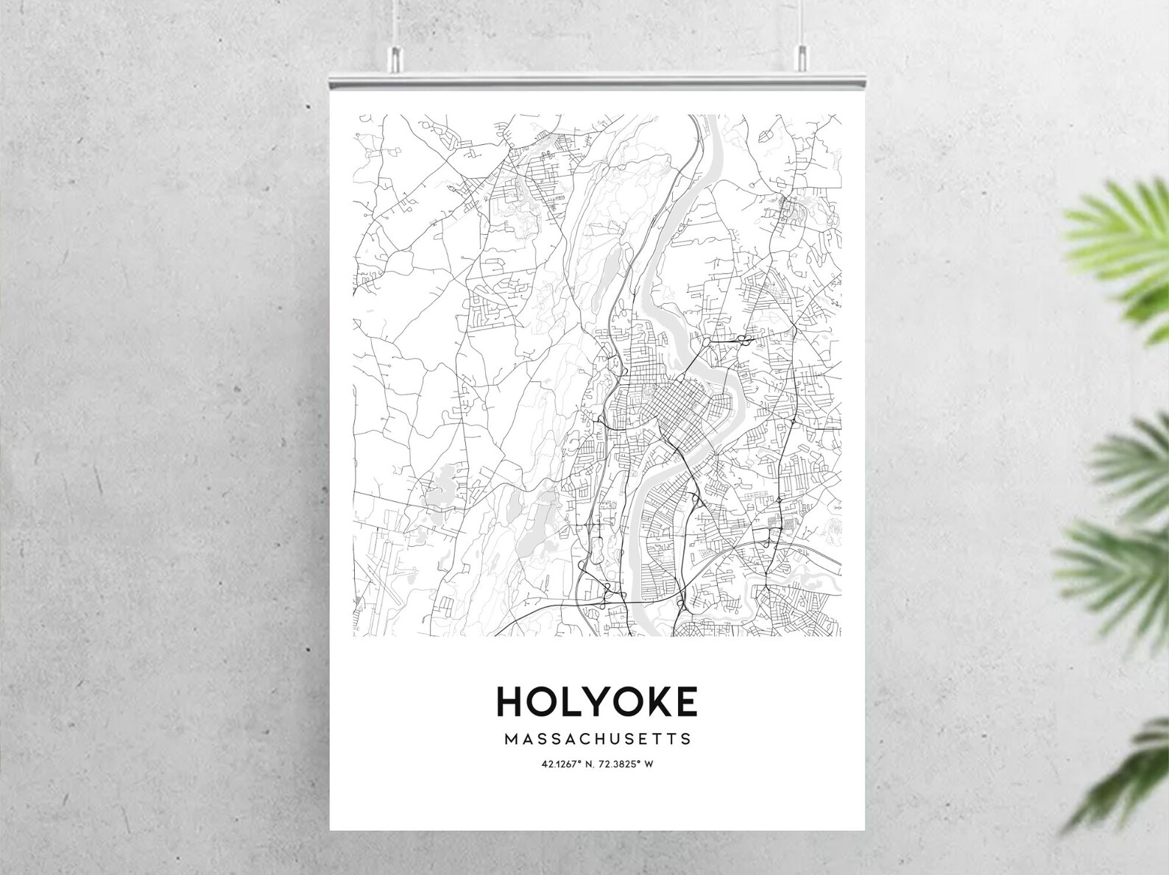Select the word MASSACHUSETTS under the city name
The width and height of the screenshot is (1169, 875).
pos(598,738)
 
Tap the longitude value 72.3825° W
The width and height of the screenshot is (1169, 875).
pos(626,764)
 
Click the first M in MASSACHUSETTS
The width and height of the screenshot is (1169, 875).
pos(511,738)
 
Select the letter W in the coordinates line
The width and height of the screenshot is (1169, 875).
pos(649,764)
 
